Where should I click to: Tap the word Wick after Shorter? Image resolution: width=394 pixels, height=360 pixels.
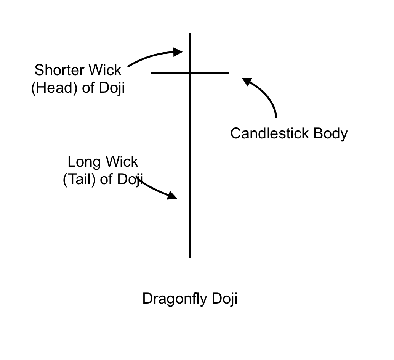tap(105, 70)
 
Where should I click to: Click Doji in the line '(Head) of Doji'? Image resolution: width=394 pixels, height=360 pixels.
tap(112, 88)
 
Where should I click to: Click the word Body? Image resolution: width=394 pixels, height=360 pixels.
tap(331, 133)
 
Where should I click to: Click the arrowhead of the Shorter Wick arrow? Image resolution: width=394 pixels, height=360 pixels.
tap(179, 52)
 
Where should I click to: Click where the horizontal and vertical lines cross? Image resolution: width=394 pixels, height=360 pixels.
tap(190, 72)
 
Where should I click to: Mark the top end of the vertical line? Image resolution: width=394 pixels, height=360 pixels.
tap(190, 34)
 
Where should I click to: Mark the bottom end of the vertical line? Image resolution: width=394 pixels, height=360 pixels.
tap(190, 257)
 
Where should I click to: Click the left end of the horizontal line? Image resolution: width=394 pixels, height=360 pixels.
tap(152, 72)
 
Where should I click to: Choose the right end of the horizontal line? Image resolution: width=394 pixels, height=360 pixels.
tap(229, 72)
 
